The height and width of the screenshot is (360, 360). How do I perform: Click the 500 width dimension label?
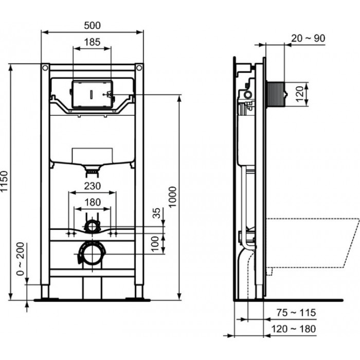[x=92, y=25]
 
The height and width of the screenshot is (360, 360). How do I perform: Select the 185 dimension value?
[x=92, y=42]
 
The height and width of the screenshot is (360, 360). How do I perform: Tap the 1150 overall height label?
[x=4, y=181]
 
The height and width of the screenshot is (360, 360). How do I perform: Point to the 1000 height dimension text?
[x=172, y=197]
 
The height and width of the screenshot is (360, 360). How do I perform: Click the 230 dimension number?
[x=92, y=186]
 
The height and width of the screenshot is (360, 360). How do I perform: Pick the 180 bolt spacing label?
[x=93, y=202]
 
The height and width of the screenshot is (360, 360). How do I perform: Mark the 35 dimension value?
[x=156, y=213]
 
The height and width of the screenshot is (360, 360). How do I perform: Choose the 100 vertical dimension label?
[x=155, y=244]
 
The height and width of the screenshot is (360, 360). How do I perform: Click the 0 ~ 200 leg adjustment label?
[x=21, y=259]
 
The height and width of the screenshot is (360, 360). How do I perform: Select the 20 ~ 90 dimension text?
[x=308, y=39]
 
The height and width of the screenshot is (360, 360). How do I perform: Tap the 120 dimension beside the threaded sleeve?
[x=300, y=94]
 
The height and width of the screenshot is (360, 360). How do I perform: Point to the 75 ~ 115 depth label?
[x=296, y=313]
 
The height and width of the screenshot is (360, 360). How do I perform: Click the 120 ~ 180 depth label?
[x=294, y=329]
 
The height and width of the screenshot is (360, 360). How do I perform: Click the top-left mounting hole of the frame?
[x=45, y=68]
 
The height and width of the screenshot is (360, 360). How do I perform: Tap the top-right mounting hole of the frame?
[x=139, y=68]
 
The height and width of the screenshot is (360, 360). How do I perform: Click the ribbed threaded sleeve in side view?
[x=275, y=94]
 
